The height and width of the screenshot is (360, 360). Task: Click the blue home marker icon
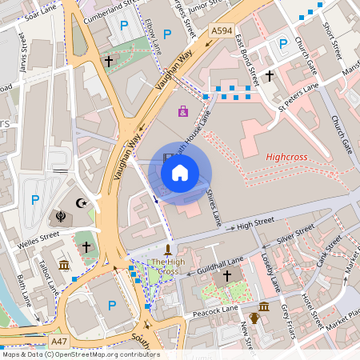[180, 172]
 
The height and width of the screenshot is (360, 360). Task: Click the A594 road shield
[221, 30]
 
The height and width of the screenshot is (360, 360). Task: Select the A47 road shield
[58, 341]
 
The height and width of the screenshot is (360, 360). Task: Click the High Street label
[256, 223]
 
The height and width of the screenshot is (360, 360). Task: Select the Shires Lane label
[213, 200]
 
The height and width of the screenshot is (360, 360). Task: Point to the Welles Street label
[38, 236]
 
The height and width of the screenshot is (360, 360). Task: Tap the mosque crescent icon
[80, 204]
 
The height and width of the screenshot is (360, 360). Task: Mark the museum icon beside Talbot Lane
[64, 265]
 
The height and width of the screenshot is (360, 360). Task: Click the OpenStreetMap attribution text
[80, 354]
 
